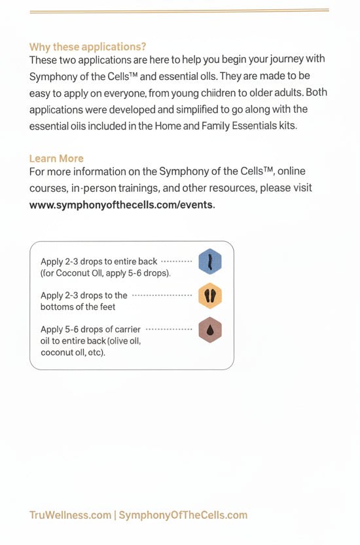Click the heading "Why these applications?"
pos(88,47)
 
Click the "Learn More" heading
pos(56,159)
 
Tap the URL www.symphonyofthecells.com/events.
pos(122,204)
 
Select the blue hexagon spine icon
pos(210,261)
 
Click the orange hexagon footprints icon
pos(210,296)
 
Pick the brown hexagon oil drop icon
pos(210,330)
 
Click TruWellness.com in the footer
pos(70,515)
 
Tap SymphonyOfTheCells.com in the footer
pos(183,515)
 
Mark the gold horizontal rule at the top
pos(179,10)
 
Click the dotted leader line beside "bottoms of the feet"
pos(162,295)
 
